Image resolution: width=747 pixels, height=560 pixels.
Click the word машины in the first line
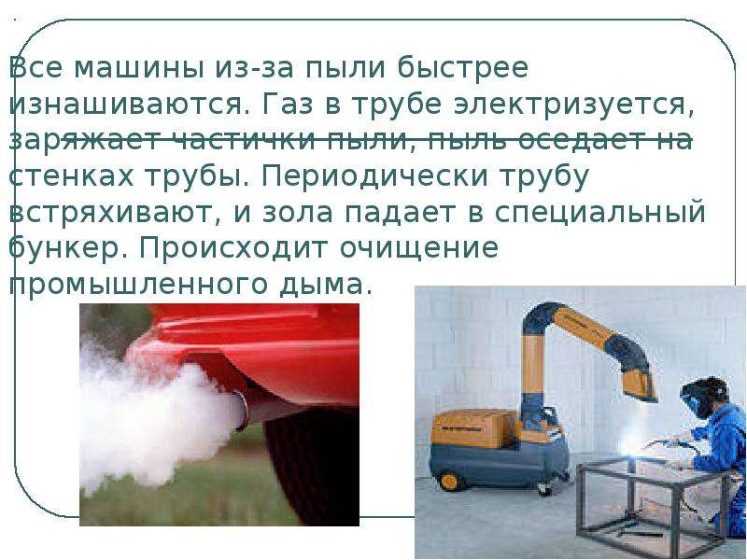[138, 68]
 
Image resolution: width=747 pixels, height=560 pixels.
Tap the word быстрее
[463, 68]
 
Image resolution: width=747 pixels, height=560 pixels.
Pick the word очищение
[418, 249]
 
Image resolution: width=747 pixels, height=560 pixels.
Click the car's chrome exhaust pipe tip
[241, 411]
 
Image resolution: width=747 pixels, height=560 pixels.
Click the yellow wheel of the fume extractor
[449, 481]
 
